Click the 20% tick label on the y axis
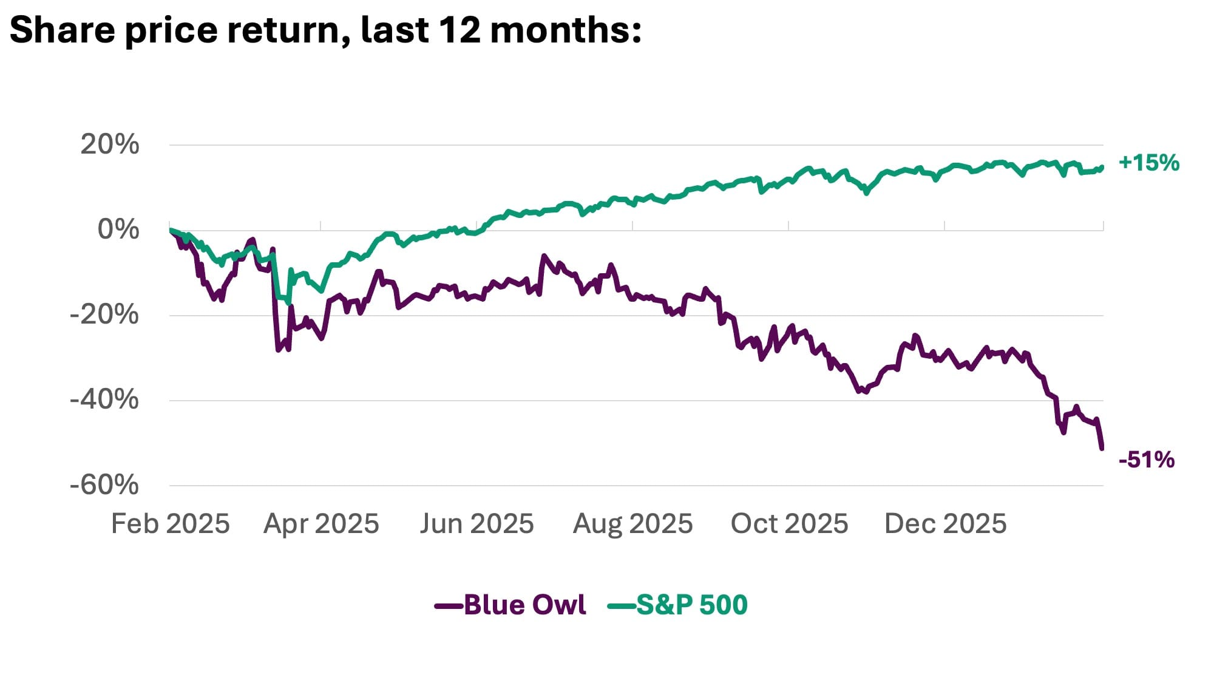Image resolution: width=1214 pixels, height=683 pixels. (x=109, y=145)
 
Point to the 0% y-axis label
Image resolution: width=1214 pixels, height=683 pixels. (x=118, y=230)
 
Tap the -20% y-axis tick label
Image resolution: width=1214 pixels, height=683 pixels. (x=104, y=315)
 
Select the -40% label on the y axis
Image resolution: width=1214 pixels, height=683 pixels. (x=104, y=400)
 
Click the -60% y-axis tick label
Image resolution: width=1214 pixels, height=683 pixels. (x=104, y=485)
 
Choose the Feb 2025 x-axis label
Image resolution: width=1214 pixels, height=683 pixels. (x=170, y=524)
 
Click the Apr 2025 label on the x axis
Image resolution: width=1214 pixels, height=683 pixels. (x=321, y=524)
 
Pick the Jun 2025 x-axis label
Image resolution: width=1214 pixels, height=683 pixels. (x=476, y=524)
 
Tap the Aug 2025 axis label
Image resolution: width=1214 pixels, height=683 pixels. (x=632, y=524)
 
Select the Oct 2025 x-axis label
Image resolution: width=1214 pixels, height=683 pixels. (x=789, y=524)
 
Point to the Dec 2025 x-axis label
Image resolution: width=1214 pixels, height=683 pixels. (x=945, y=524)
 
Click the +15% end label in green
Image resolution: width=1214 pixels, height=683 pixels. (x=1148, y=163)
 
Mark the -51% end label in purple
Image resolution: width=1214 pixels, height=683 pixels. (x=1146, y=460)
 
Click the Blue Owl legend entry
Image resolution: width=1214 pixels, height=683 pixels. (x=524, y=605)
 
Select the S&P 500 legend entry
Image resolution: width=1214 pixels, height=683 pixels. (x=691, y=605)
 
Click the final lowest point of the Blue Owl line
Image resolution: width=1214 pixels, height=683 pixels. (x=1102, y=448)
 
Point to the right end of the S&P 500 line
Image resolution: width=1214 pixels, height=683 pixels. (x=1102, y=167)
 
